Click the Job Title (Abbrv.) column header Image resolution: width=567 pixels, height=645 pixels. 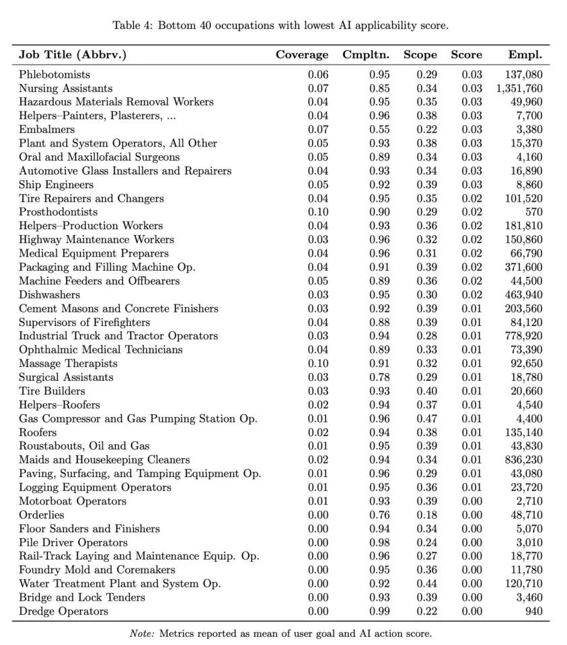[73, 55]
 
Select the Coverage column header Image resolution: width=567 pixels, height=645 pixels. [302, 55]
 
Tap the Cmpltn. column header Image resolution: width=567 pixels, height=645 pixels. [366, 55]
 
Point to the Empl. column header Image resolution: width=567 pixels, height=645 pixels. [525, 55]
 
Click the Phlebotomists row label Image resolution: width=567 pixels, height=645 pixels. [54, 75]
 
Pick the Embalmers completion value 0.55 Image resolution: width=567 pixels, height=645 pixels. [379, 130]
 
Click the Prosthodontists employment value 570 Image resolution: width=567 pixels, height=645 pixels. [533, 212]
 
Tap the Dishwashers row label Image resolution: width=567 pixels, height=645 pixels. [49, 295]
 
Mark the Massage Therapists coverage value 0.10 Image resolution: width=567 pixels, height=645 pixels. [318, 363]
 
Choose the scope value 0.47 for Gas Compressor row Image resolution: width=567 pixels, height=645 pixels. [426, 419]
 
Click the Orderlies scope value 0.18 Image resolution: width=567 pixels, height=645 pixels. [426, 515]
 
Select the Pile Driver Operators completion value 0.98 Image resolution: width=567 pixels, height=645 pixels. [379, 543]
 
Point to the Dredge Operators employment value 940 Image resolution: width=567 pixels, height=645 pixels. [533, 611]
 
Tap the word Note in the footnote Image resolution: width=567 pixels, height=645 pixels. [141, 632]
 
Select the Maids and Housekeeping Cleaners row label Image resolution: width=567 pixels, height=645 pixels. [104, 460]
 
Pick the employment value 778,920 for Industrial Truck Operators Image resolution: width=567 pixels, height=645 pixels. [523, 336]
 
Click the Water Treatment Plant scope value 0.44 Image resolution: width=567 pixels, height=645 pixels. [426, 584]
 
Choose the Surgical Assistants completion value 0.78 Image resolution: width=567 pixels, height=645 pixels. [379, 378]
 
